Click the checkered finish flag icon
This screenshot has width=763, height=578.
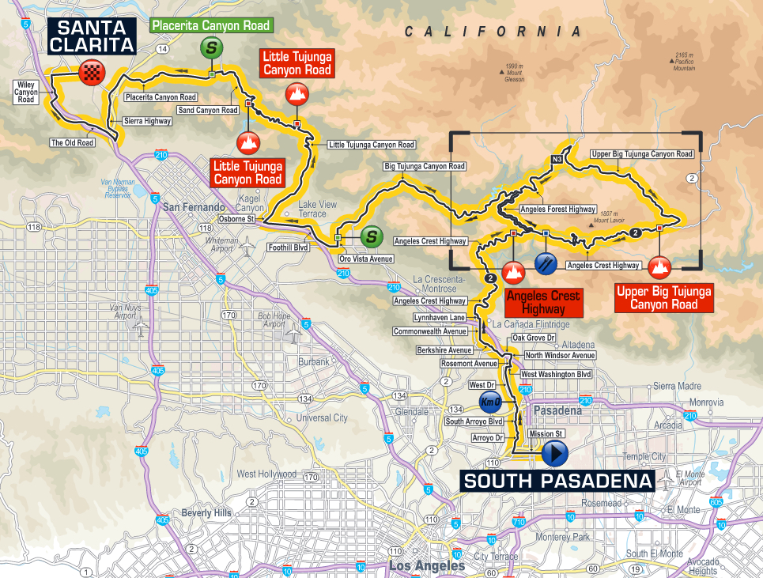(92, 75)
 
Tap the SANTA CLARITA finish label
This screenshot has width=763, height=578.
(91, 36)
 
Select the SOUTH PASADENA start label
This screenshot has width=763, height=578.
(557, 481)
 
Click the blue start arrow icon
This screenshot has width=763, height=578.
(555, 454)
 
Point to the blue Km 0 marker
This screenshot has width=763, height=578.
(490, 403)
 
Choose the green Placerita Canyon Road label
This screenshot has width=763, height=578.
(211, 25)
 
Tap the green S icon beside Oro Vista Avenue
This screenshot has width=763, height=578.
(370, 236)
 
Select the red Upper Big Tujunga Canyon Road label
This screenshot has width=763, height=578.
(663, 297)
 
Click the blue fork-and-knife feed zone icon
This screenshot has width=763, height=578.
(545, 263)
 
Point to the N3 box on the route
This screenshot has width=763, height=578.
(557, 160)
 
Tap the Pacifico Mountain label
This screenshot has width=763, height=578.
(685, 62)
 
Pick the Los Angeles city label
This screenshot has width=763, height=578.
(426, 566)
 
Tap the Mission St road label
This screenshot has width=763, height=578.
(546, 433)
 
